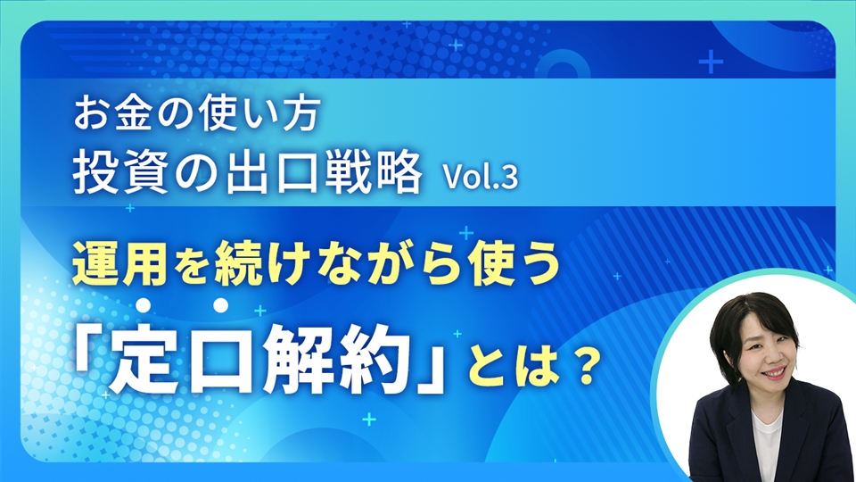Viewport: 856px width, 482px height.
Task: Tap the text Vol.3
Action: coord(481,178)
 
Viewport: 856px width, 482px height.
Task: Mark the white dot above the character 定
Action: coord(143,305)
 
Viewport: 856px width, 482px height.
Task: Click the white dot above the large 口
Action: coord(220,305)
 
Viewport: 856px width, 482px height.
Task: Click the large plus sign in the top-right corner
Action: coord(711,62)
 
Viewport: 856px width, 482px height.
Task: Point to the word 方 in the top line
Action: coord(301,115)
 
